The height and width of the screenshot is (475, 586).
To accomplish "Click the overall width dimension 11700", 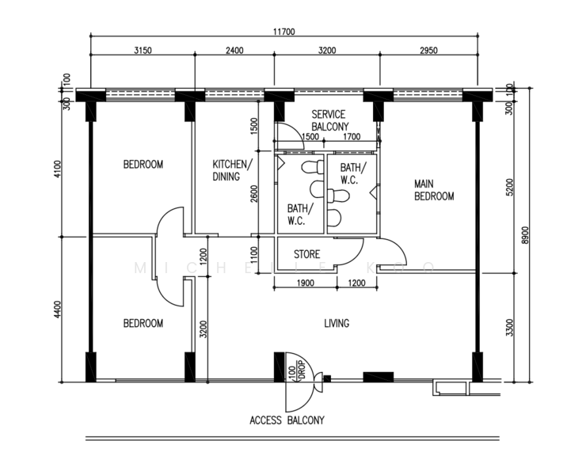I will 283,32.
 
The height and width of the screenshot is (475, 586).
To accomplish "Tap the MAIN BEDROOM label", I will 434,190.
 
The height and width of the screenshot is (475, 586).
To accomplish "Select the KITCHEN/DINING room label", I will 232,170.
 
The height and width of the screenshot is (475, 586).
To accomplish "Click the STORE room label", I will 306,254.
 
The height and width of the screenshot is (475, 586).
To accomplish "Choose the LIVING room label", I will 337,323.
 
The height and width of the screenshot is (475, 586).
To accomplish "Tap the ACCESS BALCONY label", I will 286,420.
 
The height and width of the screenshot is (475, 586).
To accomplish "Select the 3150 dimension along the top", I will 142,50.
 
